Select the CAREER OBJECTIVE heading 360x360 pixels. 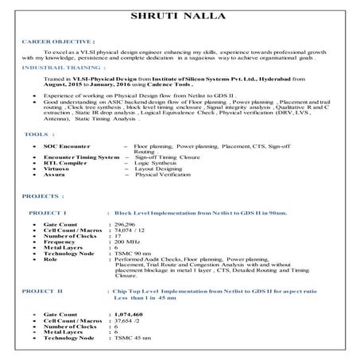click(59, 39)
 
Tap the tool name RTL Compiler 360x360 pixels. click(64, 163)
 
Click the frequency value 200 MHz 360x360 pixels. click(128, 242)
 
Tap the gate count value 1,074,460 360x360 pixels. click(130, 315)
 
